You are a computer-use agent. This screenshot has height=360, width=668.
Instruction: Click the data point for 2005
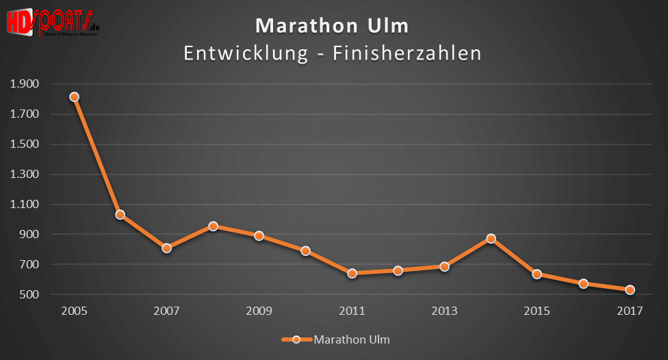[74, 97]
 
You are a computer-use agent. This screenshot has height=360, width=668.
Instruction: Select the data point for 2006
[120, 215]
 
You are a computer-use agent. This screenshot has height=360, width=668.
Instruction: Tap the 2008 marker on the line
[213, 226]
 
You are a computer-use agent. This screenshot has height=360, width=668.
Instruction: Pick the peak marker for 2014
[491, 239]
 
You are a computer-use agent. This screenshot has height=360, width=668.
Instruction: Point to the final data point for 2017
[630, 290]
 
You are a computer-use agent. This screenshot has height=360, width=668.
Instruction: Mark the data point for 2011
[352, 273]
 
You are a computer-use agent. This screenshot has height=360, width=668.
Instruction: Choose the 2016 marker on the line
[583, 283]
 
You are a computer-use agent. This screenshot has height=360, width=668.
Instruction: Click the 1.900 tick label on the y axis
[25, 84]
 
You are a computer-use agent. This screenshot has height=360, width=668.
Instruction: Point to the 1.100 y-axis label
[25, 205]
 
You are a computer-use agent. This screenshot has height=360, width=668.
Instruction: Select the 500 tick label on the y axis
[31, 295]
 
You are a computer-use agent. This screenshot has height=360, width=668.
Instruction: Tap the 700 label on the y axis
[31, 265]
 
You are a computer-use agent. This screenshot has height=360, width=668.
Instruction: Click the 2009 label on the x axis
[259, 311]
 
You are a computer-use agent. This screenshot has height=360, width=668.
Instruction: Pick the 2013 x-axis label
[444, 311]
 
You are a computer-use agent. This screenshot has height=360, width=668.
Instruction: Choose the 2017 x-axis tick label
[630, 311]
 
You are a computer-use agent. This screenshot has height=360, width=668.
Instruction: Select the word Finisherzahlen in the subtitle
[407, 53]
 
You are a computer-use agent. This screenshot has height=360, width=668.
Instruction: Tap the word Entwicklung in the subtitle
[246, 53]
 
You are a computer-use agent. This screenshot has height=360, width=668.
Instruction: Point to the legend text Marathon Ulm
[352, 339]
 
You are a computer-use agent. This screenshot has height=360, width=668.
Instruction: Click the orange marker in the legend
[296, 339]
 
